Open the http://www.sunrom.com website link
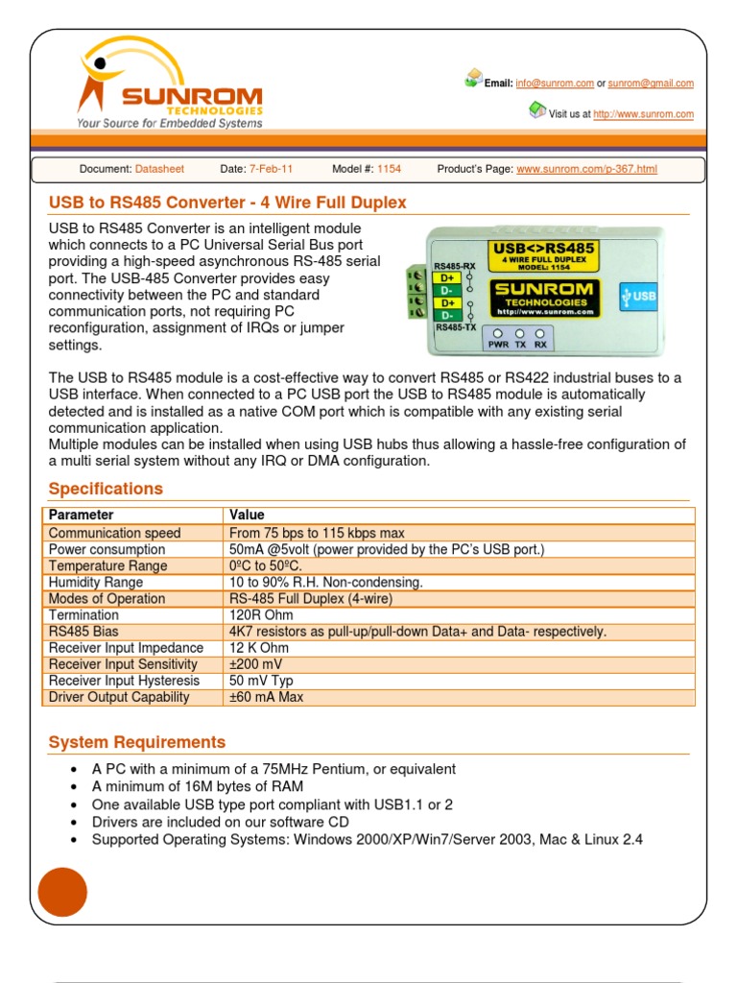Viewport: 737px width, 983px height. tap(643, 114)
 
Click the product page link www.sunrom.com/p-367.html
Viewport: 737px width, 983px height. tap(586, 169)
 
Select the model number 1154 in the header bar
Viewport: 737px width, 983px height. tap(389, 169)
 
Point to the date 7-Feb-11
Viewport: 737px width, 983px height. tap(271, 169)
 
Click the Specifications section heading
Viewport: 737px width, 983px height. tap(106, 489)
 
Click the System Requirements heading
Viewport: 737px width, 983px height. tap(137, 742)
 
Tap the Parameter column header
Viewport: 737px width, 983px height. tap(81, 515)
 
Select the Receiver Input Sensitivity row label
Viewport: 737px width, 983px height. tap(123, 664)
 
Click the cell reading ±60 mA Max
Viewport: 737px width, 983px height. tap(266, 697)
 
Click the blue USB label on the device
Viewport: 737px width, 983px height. tap(638, 296)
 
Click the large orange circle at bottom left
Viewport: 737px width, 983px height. tap(62, 892)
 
